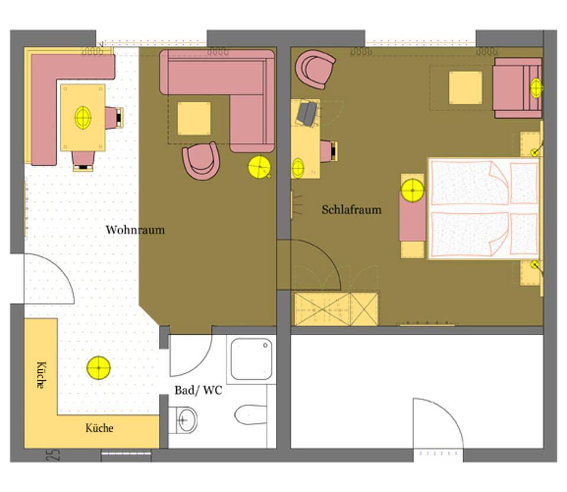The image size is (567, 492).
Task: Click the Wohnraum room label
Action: (135, 230)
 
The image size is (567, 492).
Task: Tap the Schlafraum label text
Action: (351, 210)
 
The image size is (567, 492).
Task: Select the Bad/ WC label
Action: (198, 390)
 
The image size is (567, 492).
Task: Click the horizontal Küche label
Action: (99, 428)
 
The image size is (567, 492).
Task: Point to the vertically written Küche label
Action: (41, 375)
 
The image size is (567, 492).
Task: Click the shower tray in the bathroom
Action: (252, 359)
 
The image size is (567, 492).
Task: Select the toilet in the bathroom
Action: (250, 415)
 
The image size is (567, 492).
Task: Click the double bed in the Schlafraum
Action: (484, 208)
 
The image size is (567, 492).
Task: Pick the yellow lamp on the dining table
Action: (83, 118)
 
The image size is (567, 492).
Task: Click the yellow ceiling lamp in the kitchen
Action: (99, 368)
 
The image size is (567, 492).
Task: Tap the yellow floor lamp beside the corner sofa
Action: (259, 167)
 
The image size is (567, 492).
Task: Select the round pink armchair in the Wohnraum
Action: (201, 161)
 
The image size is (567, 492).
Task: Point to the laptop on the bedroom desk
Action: (307, 113)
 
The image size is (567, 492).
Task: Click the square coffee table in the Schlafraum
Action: (465, 88)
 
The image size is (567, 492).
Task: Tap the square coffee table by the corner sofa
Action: (194, 119)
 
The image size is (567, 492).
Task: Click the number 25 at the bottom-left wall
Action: (53, 455)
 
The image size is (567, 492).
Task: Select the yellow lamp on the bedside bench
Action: (413, 190)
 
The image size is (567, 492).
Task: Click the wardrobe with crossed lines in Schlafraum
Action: (336, 309)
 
